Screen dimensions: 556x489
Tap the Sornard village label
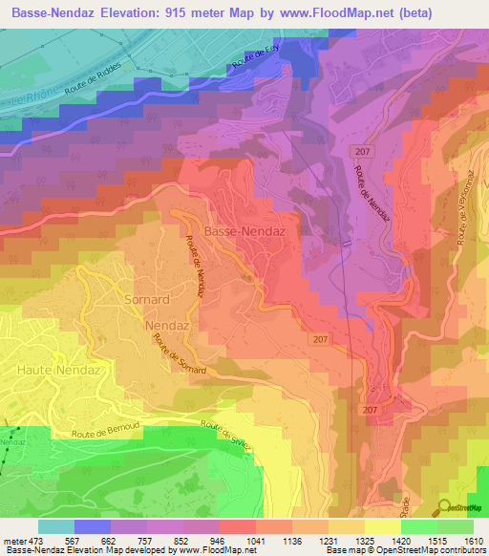coord(146,299)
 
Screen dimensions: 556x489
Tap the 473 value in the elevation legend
coord(32,541)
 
